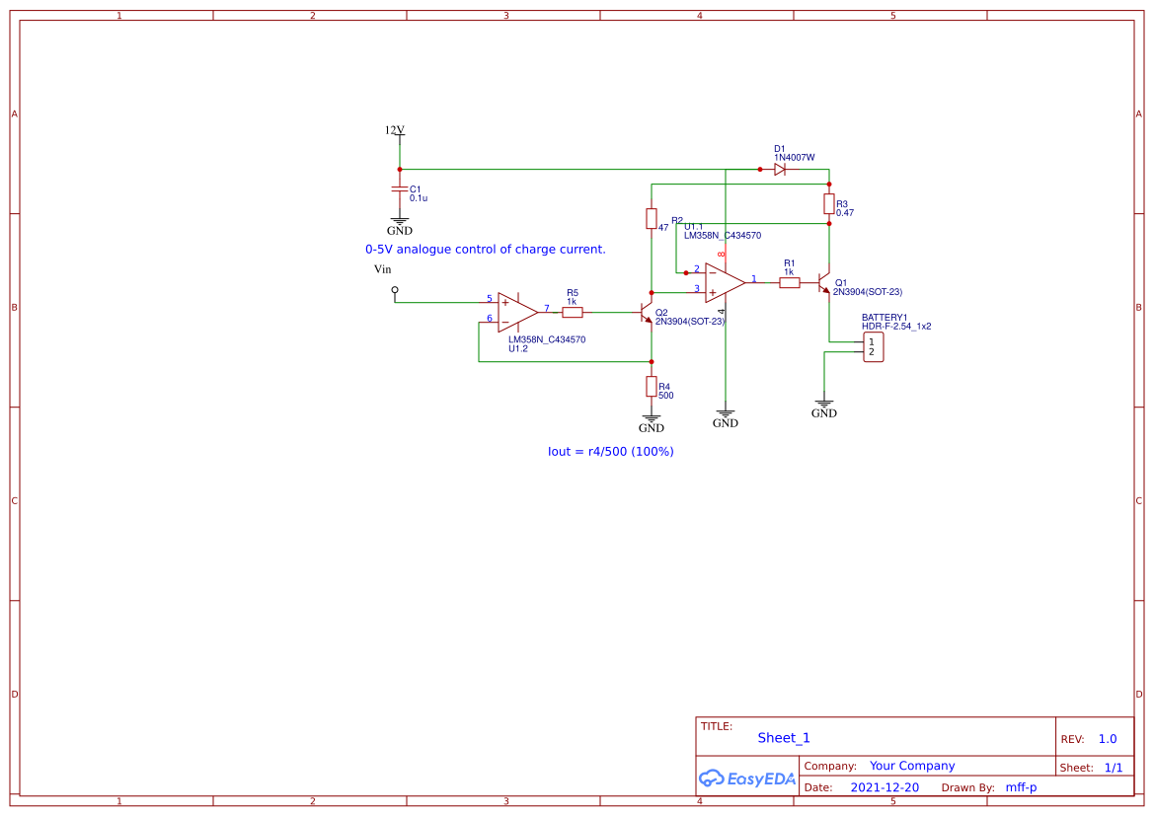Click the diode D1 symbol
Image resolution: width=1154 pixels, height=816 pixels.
[x=780, y=170]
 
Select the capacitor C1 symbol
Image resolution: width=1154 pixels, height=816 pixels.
[x=399, y=188]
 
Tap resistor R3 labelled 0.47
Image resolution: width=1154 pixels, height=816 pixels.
[x=829, y=203]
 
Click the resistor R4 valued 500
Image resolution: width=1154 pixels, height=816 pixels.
[x=652, y=386]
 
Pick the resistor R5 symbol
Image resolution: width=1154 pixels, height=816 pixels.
[x=573, y=312]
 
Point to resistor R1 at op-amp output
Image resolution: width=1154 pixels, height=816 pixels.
[x=789, y=283]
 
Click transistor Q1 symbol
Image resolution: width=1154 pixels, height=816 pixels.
[x=824, y=284]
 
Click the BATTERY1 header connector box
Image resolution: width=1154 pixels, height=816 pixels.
[x=873, y=347]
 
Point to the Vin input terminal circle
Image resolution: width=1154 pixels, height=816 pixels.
[x=395, y=290]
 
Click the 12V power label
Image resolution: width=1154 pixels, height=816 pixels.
[x=395, y=130]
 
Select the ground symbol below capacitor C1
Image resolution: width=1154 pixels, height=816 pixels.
[x=399, y=224]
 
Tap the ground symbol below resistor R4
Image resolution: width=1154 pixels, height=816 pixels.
[x=652, y=421]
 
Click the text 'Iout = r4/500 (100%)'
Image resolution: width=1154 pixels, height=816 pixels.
[x=610, y=451]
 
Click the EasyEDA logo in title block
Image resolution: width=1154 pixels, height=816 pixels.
[x=746, y=779]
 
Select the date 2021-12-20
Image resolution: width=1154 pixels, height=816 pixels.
[x=884, y=787]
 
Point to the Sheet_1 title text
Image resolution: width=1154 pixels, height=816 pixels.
[x=784, y=738]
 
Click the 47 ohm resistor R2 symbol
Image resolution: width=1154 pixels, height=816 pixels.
[x=652, y=218]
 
